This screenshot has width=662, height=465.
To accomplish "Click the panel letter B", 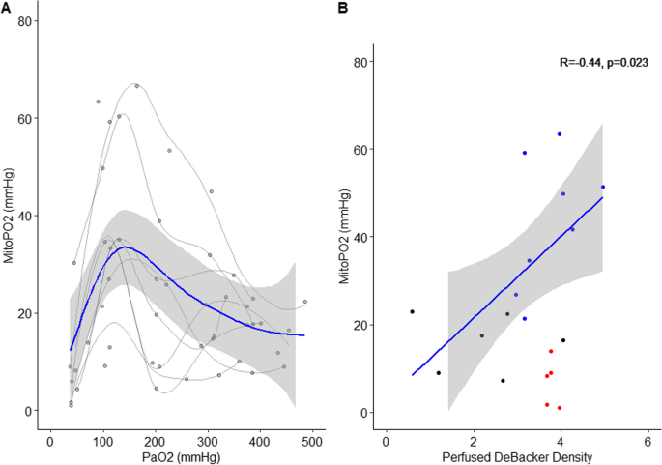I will coord(341,8).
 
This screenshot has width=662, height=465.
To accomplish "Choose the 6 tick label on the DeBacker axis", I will coord(647,435).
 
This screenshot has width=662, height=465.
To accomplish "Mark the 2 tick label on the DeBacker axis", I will coord(473,435).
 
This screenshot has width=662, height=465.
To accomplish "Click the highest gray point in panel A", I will coord(137,86).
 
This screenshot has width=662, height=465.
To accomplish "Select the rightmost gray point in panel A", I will coord(304,302).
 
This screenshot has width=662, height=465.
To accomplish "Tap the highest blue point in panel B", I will coord(560,134).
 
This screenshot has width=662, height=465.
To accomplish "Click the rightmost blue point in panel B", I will coord(603,187).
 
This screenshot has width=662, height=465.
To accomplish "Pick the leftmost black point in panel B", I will coord(412,311).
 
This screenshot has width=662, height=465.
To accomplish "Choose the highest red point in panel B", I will coord(551,352).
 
